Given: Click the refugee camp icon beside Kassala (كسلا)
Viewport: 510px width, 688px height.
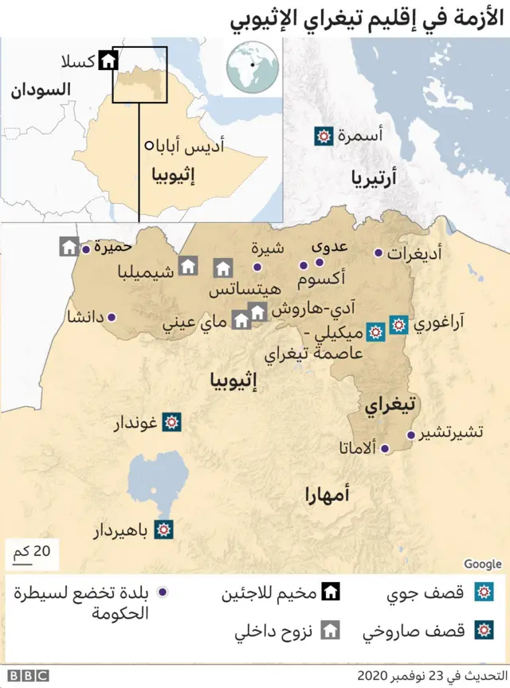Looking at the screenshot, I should (108, 61).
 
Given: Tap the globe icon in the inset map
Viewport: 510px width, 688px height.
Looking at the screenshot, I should (253, 67).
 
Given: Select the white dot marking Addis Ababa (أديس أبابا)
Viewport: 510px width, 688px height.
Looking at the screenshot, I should (149, 146).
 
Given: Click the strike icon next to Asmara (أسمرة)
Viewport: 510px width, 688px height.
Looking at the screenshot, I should (324, 136).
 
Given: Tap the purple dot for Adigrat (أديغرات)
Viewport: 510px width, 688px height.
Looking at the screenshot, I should (379, 253).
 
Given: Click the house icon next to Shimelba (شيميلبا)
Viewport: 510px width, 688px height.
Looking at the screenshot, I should (188, 266).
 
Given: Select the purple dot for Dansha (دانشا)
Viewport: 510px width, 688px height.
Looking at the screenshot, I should (111, 317).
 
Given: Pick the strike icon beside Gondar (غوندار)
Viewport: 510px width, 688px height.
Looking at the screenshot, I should (171, 422).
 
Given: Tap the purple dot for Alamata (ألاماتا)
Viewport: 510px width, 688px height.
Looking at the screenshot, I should (385, 449).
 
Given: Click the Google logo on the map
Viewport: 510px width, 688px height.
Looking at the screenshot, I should (482, 564).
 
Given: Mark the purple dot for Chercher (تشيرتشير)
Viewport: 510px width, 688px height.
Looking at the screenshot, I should (411, 436).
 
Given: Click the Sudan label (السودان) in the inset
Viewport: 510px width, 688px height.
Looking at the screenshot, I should (40, 89).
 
